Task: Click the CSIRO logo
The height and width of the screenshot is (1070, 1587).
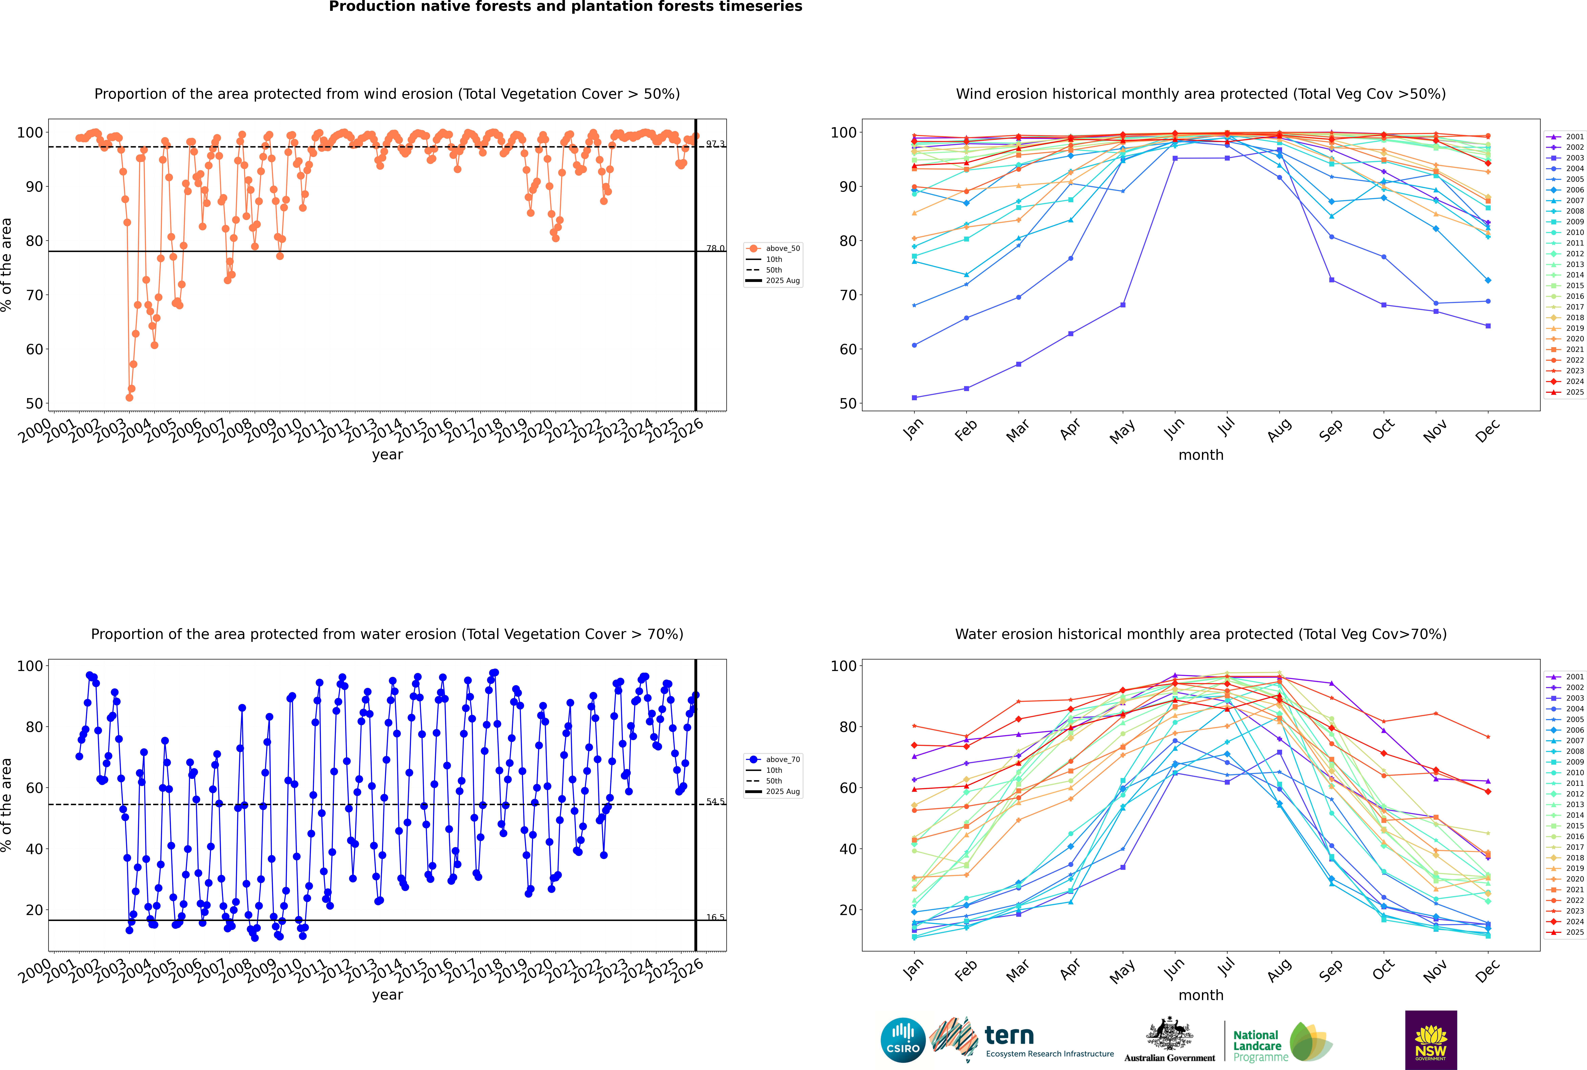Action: [903, 1040]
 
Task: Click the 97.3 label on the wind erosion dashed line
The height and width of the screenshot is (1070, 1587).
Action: [715, 144]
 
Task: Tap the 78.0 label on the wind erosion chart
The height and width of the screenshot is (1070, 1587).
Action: [715, 248]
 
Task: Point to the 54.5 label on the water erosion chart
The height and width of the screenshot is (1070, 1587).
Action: [715, 802]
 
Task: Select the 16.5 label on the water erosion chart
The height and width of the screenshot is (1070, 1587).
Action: [715, 917]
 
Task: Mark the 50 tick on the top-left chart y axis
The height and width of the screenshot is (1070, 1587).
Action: [34, 403]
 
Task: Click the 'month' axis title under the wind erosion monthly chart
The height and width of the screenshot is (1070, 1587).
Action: [1201, 455]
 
